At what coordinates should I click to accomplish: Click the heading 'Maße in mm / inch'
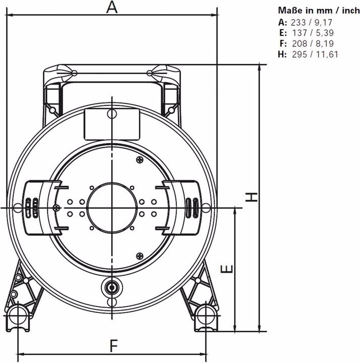click(318, 10)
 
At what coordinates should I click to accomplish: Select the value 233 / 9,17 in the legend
click(311, 22)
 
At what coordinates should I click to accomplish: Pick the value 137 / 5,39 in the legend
click(311, 33)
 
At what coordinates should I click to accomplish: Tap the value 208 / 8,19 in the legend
click(311, 43)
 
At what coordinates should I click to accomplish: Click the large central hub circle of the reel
click(111, 207)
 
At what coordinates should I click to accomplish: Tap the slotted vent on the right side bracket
click(192, 207)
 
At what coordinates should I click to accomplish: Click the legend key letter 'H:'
click(282, 54)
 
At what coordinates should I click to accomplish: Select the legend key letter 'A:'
click(282, 22)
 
